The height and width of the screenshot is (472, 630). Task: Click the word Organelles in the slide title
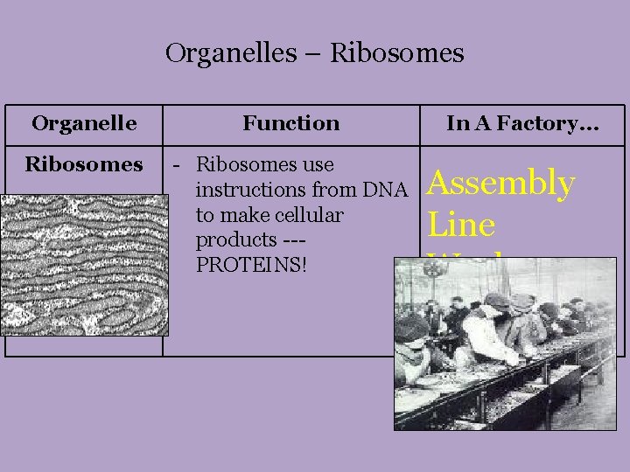pos(231,54)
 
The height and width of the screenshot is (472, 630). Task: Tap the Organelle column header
pos(84,123)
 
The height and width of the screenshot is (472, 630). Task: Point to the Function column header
pos(291,123)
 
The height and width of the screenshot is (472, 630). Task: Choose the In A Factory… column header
pos(522,123)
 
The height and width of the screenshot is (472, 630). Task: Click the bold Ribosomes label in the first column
pos(84,164)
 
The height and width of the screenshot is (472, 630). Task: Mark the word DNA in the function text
pos(389,190)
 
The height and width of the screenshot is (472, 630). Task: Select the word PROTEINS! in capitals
pos(252,263)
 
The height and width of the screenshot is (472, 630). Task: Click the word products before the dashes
pos(232,239)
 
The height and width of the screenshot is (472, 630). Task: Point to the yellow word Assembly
pos(501,184)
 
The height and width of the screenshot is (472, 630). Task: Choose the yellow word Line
pos(462,225)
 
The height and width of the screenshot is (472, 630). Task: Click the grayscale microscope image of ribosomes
pos(84,265)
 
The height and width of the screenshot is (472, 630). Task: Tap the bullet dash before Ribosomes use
pos(178,165)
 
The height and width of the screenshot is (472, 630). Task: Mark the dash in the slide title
pos(313,55)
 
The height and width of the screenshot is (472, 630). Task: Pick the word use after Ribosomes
pos(317,164)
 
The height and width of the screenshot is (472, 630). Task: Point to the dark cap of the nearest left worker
pos(412,328)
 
